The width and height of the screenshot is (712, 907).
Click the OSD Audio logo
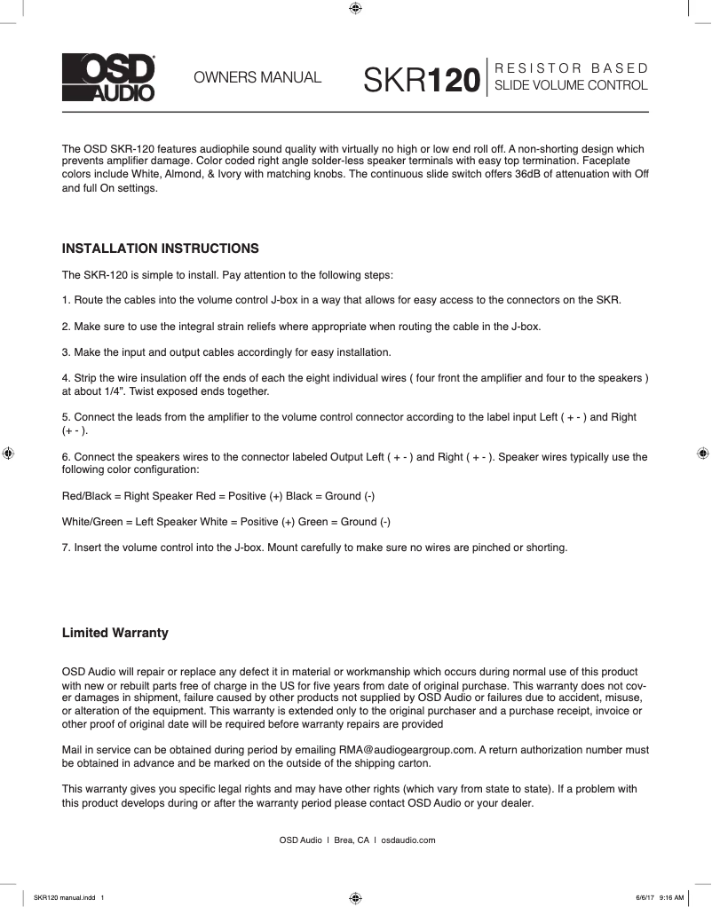coord(107,78)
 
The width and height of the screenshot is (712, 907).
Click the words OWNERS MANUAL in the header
coord(257,78)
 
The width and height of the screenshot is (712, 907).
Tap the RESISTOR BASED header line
coord(571,68)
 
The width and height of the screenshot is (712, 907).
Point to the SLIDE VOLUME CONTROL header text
coord(571,86)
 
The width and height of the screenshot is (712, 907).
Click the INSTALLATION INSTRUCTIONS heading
coord(160,248)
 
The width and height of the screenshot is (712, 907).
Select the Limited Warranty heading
coord(115,634)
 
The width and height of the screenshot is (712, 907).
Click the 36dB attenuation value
coord(529,174)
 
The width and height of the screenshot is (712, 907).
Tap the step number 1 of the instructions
coord(66,300)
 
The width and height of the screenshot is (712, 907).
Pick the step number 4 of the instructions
coord(66,379)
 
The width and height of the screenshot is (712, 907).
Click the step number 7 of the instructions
coord(66,548)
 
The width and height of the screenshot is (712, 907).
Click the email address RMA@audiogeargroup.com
coord(407,750)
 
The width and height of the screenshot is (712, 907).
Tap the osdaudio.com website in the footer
coord(407,840)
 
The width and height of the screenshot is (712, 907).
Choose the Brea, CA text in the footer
coord(352,840)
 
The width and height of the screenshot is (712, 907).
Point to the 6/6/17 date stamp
coord(644,897)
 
